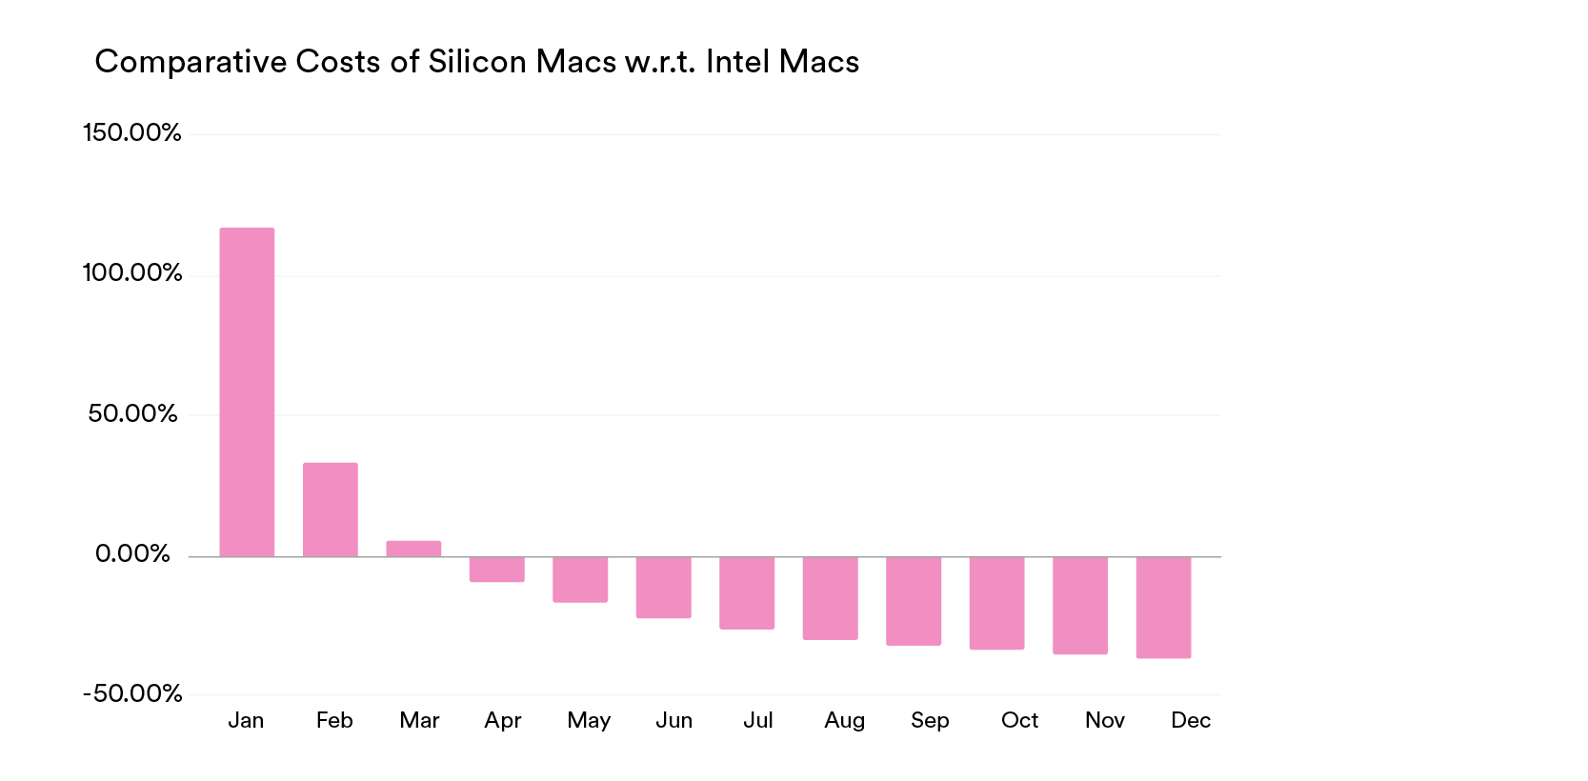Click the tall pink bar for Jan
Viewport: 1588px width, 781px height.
pyautogui.click(x=247, y=391)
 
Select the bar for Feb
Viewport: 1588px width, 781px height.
pyautogui.click(x=331, y=510)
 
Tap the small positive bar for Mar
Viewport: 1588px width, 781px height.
pyautogui.click(x=413, y=549)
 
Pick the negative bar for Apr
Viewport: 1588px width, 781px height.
pyautogui.click(x=497, y=569)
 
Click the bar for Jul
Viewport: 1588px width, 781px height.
pyautogui.click(x=747, y=592)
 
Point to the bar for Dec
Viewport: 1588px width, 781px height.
pyautogui.click(x=1163, y=607)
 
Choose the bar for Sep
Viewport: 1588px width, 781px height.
pyautogui.click(x=914, y=601)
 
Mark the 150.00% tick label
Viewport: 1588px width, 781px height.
pyautogui.click(x=131, y=132)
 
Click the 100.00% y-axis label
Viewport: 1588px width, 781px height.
pyautogui.click(x=131, y=273)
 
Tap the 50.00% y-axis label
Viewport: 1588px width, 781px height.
pyautogui.click(x=132, y=413)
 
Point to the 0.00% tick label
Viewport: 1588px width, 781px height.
pyautogui.click(x=132, y=553)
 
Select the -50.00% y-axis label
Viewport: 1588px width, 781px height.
pyautogui.click(x=132, y=693)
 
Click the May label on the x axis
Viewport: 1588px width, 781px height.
pyautogui.click(x=589, y=720)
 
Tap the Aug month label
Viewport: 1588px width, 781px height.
pyautogui.click(x=844, y=720)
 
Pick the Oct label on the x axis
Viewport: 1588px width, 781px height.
pyautogui.click(x=1019, y=720)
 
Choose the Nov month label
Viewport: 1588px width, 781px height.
pyautogui.click(x=1105, y=720)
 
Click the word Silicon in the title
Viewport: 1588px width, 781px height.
pyautogui.click(x=476, y=62)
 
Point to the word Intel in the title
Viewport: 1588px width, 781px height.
pyautogui.click(x=737, y=62)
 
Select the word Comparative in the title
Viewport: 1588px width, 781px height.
pyautogui.click(x=191, y=62)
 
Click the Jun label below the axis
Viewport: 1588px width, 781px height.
pyautogui.click(x=673, y=720)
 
